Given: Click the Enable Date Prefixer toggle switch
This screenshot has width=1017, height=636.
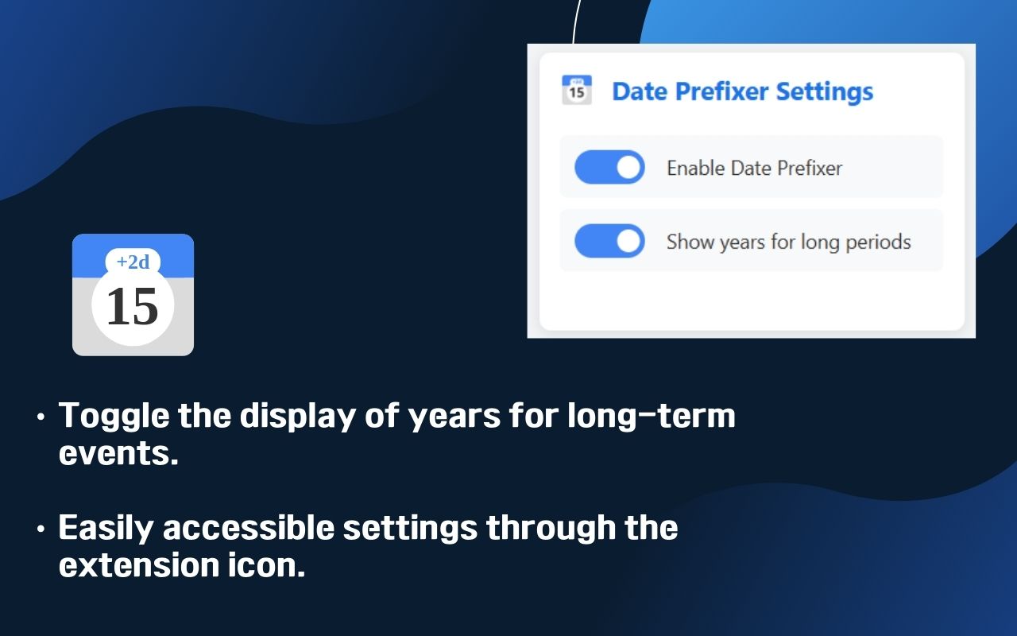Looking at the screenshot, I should pos(609,168).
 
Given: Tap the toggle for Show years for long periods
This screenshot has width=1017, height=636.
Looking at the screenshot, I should pos(609,241).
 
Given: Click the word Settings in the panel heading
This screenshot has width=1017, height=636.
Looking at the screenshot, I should pos(824,91).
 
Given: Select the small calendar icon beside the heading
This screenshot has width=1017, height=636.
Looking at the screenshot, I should pos(577,90).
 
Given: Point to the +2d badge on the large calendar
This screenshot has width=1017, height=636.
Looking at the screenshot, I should pos(133,262).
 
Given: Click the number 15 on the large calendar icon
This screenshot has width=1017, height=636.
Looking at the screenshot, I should pos(132,307).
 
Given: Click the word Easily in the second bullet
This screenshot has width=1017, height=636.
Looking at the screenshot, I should pos(110,528).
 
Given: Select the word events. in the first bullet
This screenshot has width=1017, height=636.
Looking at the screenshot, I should pos(118,454).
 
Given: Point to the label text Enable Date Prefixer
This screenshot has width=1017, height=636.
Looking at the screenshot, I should pos(754,168).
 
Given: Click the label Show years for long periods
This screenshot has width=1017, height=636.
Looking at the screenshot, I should pos(788,241).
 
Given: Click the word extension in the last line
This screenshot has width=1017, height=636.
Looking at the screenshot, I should pos(133,565).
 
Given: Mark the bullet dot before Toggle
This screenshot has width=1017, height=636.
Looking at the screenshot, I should pos(41,417).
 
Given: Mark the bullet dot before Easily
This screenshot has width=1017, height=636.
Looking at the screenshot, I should pos(41,529).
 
